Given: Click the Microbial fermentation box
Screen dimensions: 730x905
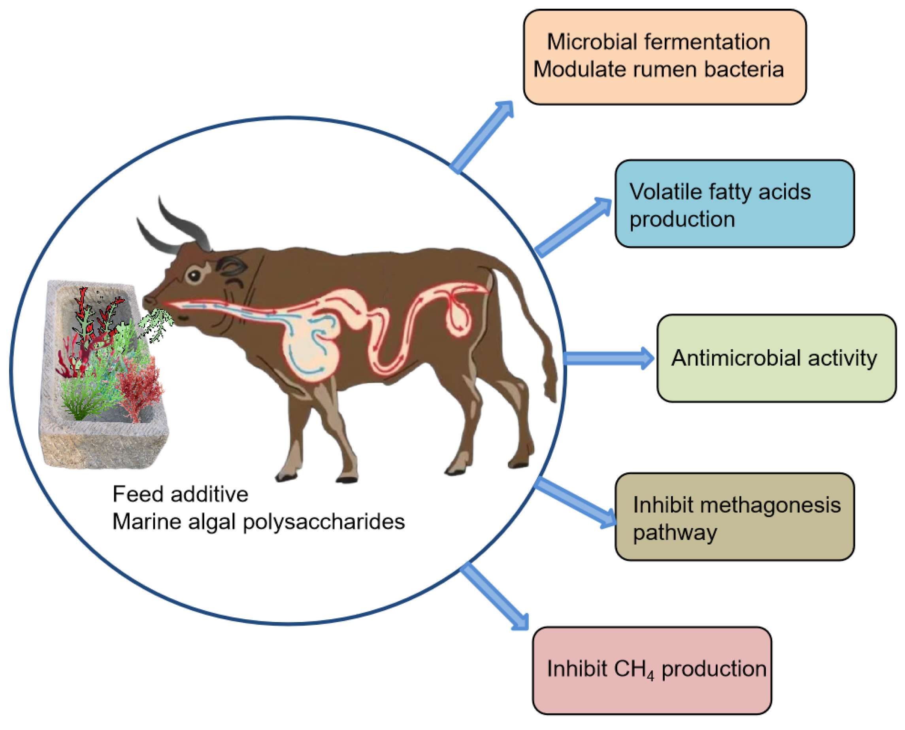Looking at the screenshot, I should [665, 57].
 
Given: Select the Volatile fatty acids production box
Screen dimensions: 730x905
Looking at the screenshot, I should [734, 204].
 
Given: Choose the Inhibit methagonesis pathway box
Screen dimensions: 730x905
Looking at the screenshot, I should [734, 517].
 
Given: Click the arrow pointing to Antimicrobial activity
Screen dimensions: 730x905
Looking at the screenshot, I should [607, 358].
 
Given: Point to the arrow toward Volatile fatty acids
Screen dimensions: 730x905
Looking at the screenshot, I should [573, 227].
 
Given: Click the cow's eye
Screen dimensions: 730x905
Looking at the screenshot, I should [194, 276].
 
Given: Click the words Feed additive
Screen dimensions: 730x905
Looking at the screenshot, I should [180, 494].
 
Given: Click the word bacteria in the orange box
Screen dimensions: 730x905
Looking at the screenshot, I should [744, 69].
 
